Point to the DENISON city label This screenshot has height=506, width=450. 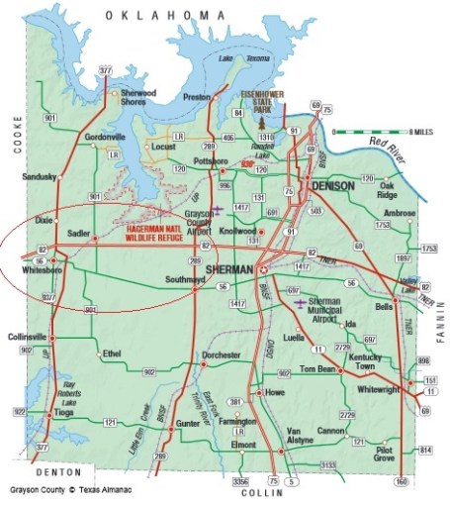[x=332, y=186]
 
